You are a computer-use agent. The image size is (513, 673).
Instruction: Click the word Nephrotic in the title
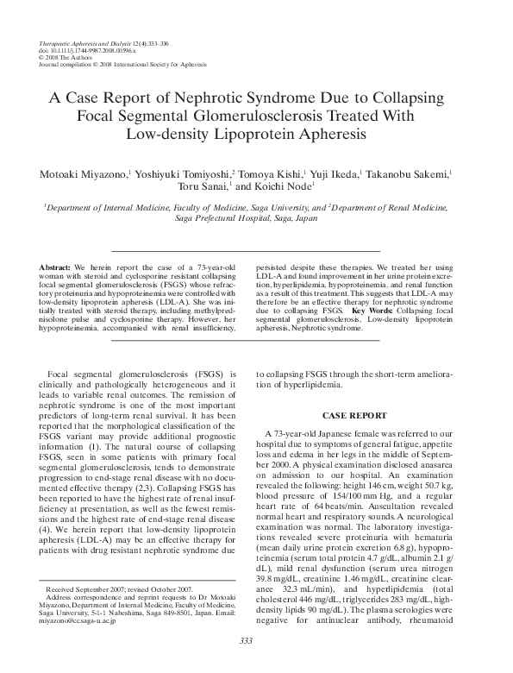[241, 96]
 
